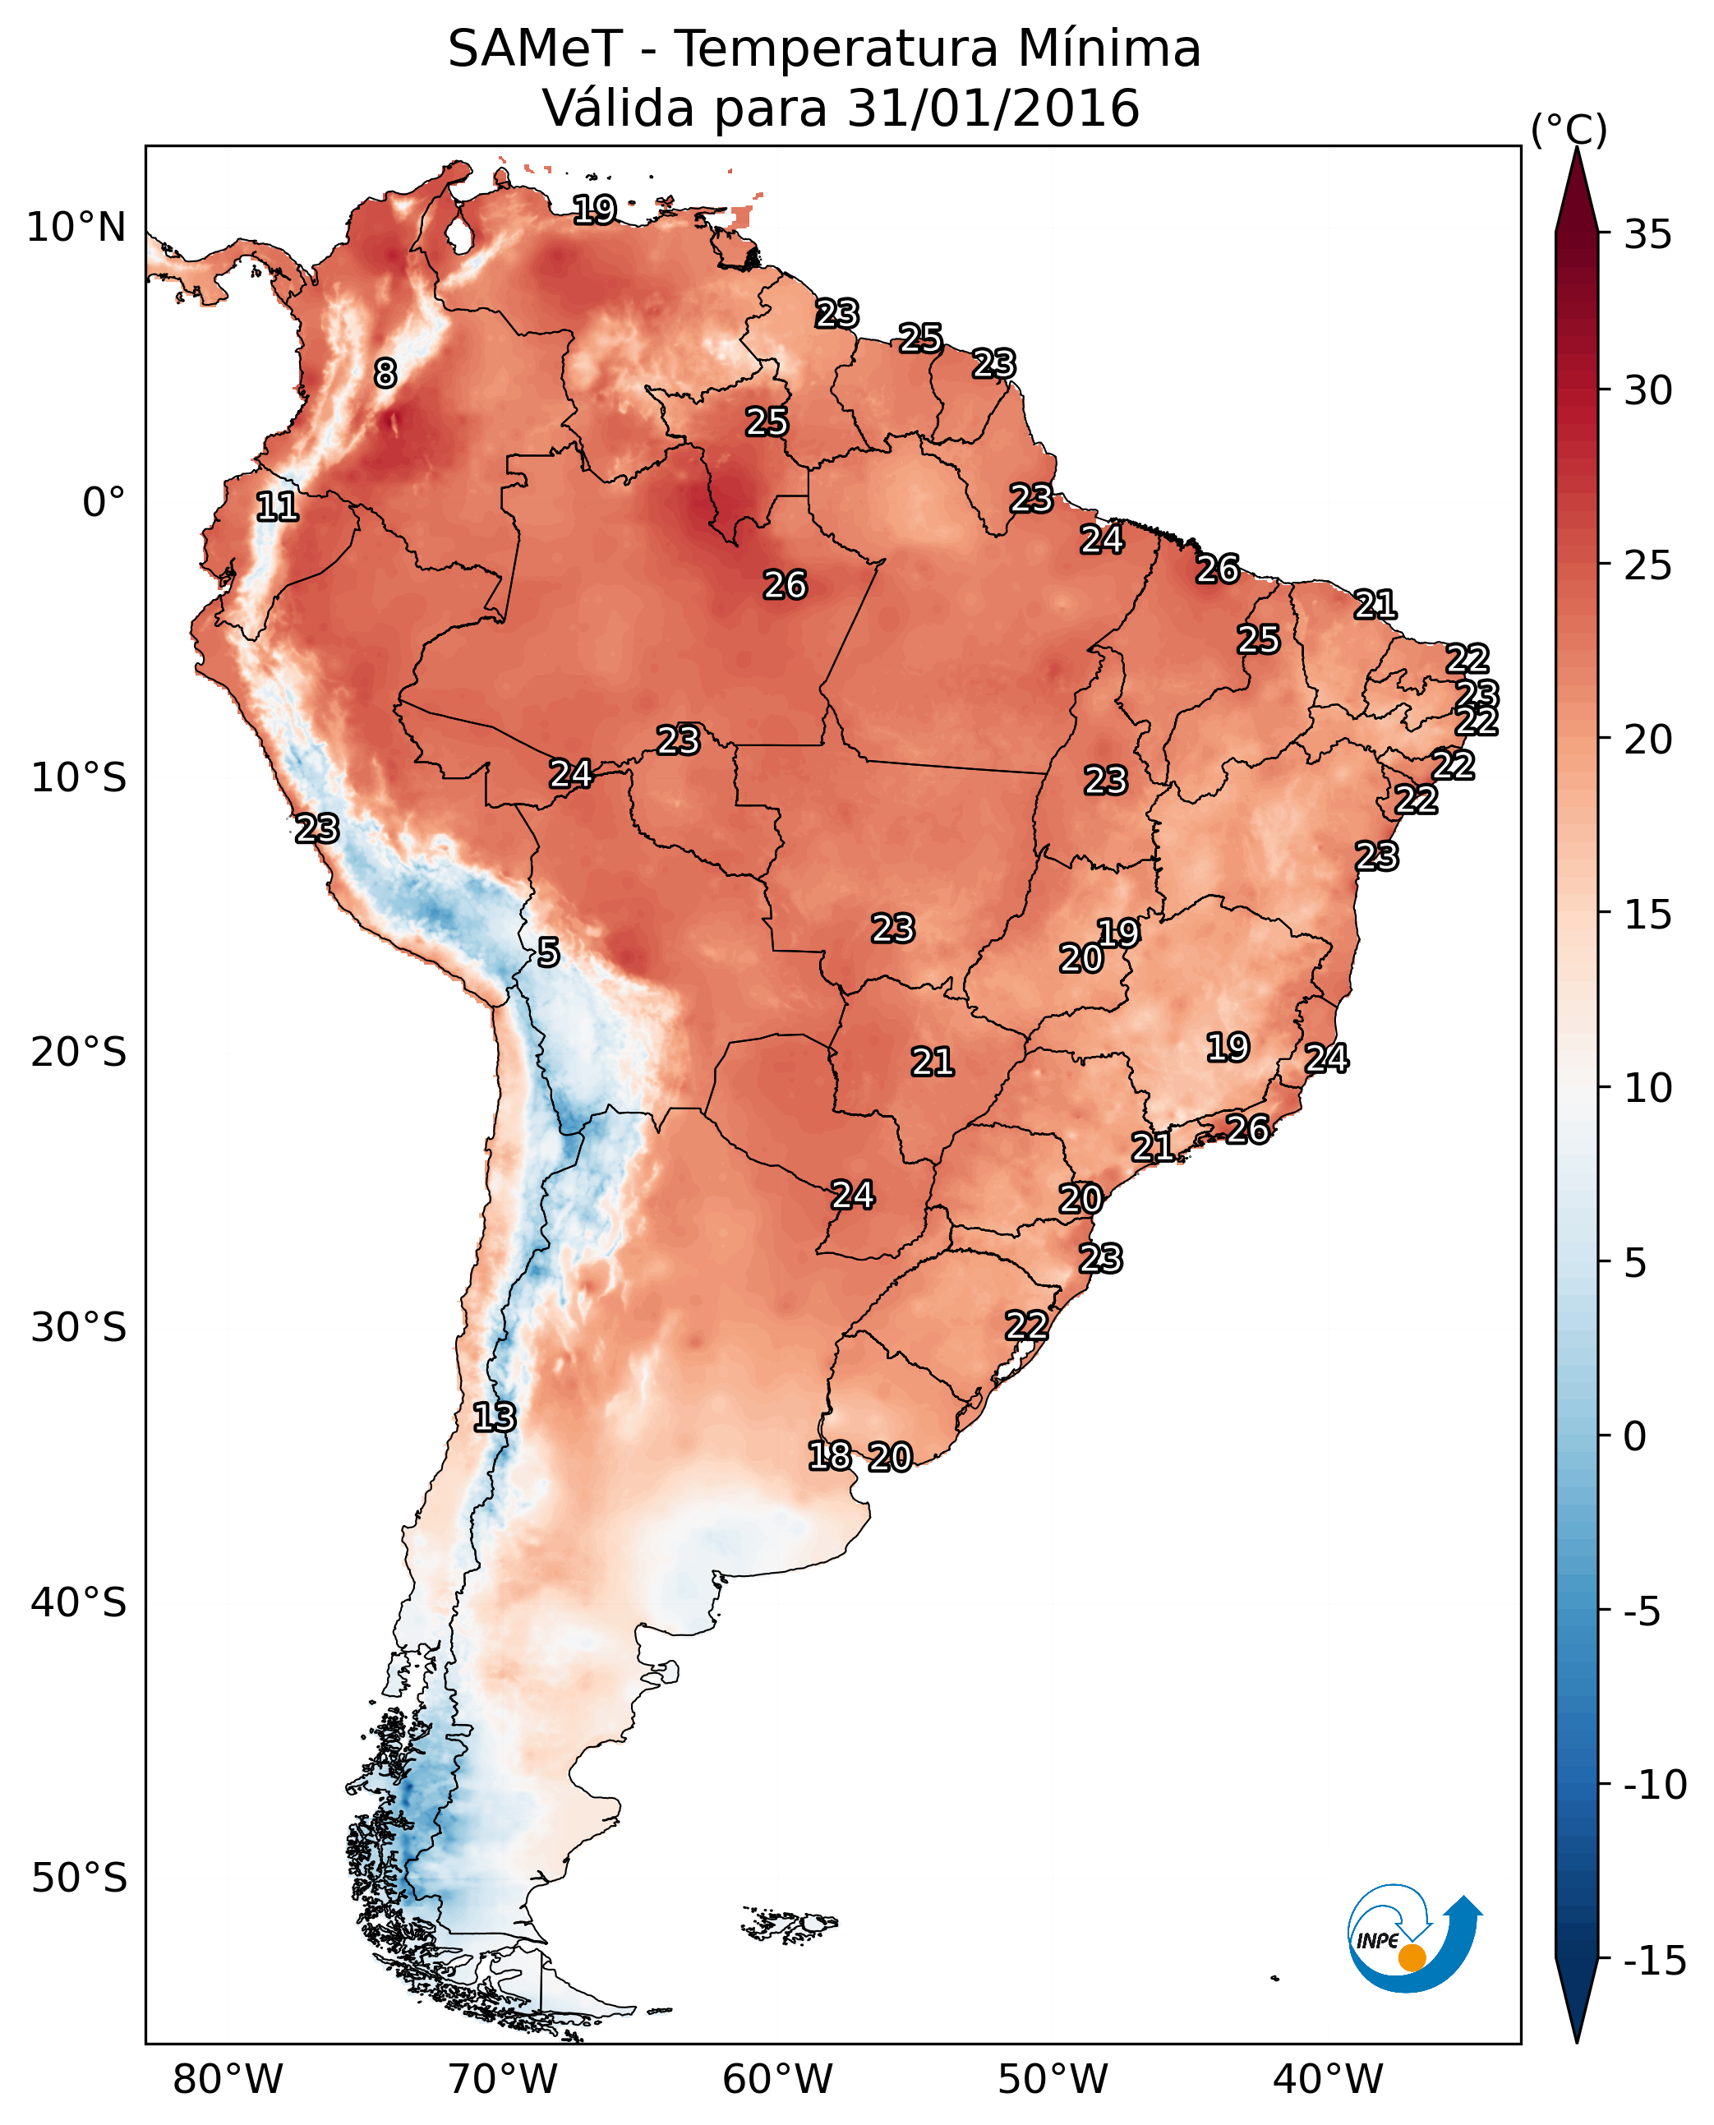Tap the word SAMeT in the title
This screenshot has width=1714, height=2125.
coord(534,49)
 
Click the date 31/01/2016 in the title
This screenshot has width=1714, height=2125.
coord(993,108)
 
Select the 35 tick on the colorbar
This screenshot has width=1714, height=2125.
coord(1647,235)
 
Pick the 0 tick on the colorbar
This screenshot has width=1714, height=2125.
coord(1635,1436)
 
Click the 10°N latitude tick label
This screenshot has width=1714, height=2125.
coord(76,228)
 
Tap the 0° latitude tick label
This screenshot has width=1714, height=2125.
coord(104,503)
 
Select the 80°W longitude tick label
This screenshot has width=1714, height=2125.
coord(228,2080)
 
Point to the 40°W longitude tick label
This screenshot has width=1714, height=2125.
coord(1328,2080)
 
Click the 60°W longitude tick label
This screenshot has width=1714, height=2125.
coord(778,2080)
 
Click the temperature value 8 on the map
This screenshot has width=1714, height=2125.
coord(385,373)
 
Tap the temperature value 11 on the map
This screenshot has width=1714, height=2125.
coord(278,508)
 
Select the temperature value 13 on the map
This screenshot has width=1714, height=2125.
coord(494,1418)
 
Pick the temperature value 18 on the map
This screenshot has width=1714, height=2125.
coord(829,1455)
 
